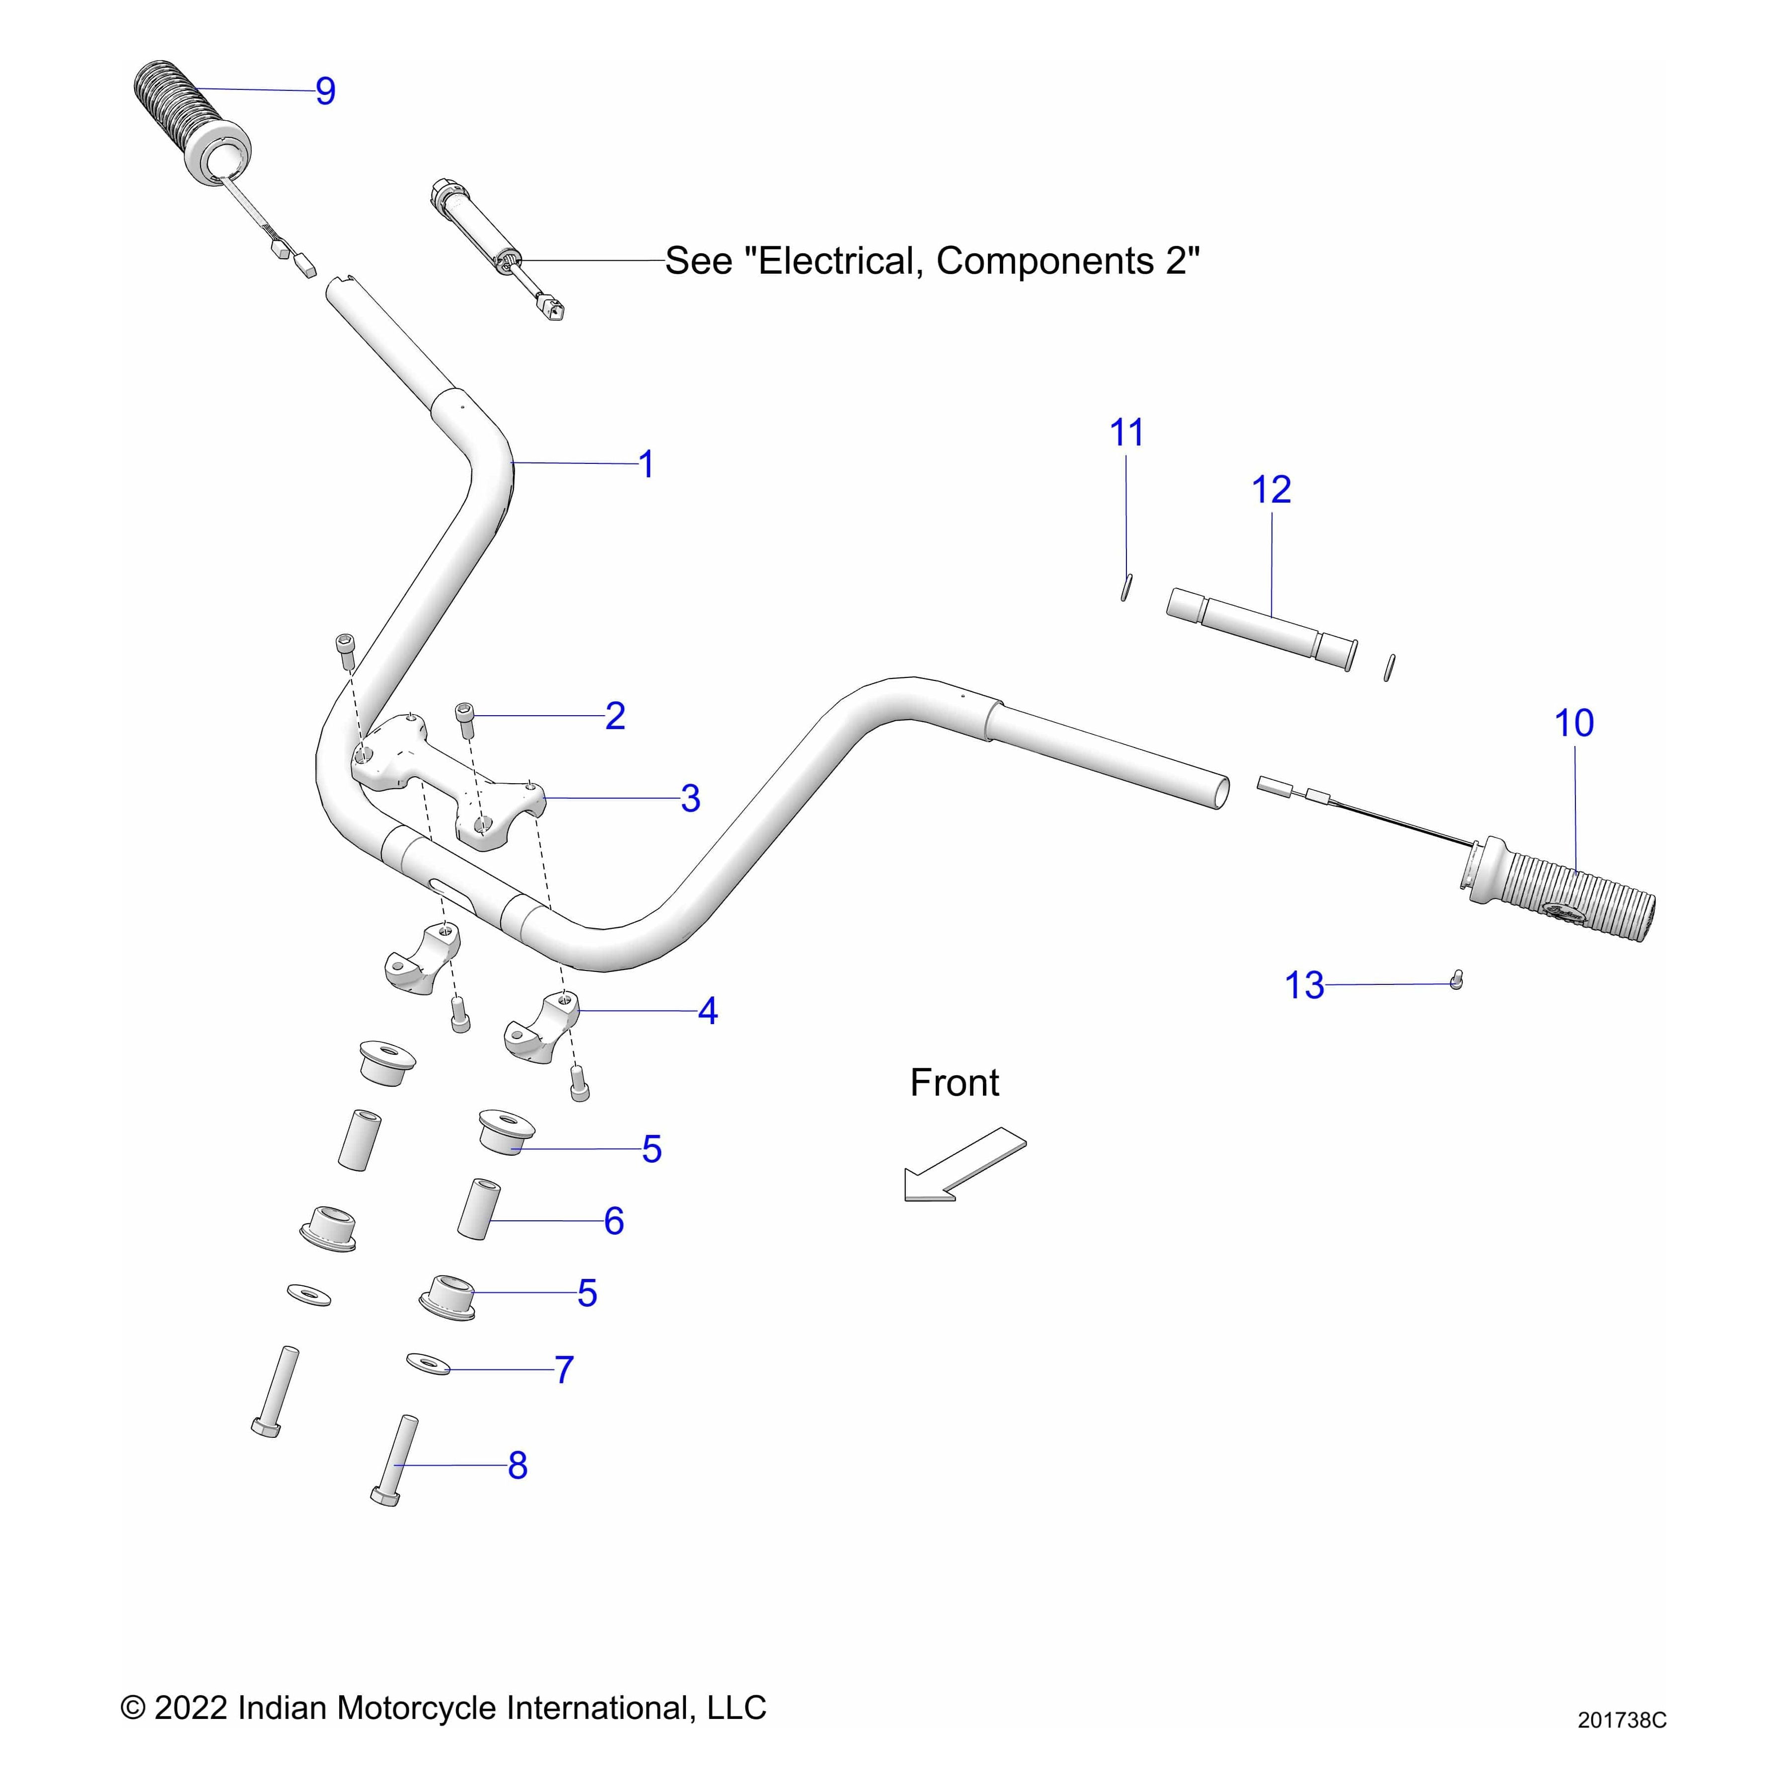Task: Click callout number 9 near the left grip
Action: tap(325, 91)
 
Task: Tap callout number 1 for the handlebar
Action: tap(646, 464)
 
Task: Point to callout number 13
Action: tap(1304, 985)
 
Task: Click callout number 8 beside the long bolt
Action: tap(518, 1465)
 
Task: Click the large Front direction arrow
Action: tap(965, 1164)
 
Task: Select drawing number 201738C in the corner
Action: tap(1622, 1720)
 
